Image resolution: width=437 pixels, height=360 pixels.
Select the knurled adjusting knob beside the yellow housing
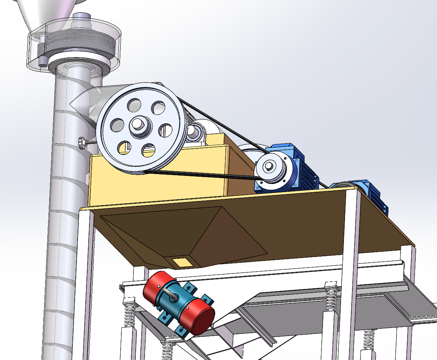coord(82,142)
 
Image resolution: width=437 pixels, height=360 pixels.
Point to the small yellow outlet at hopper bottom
coord(181,262)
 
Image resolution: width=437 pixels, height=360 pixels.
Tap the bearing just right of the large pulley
coord(195,133)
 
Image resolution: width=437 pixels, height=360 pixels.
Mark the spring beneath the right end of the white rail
coord(331,298)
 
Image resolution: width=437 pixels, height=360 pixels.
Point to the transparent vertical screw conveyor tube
coord(61,221)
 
